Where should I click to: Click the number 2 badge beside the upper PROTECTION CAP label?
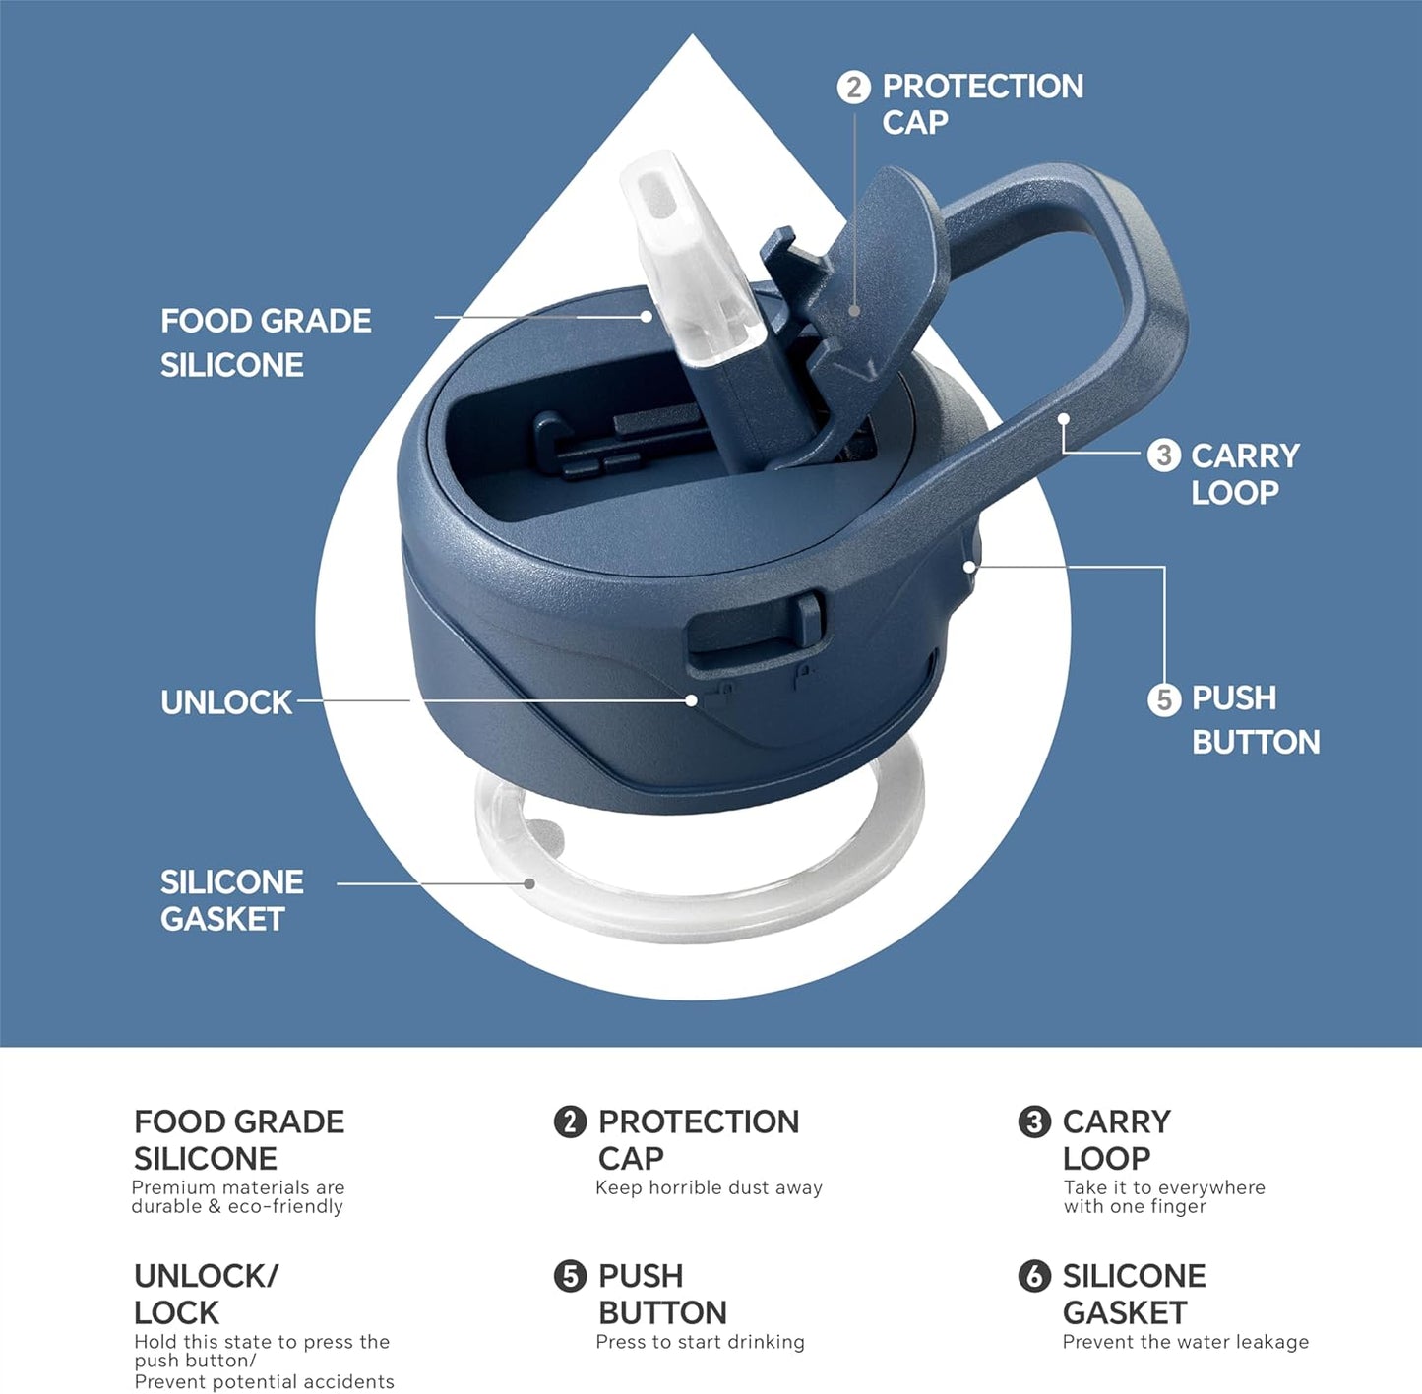click(x=854, y=88)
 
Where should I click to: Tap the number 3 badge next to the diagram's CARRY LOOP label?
click(x=1164, y=455)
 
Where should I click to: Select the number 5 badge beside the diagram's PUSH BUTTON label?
click(x=1164, y=699)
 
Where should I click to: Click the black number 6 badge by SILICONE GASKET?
click(x=1034, y=1276)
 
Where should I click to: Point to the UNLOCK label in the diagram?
click(x=226, y=702)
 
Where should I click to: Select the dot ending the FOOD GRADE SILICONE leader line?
click(x=647, y=316)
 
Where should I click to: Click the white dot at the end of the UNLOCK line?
click(x=692, y=700)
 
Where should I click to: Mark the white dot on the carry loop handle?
click(x=1064, y=418)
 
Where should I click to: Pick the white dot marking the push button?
click(x=970, y=567)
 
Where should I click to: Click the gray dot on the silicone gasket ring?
click(x=529, y=883)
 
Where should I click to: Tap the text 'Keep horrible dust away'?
click(x=709, y=1187)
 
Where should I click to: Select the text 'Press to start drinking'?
click(x=700, y=1342)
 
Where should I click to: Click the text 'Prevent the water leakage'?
click(x=1185, y=1342)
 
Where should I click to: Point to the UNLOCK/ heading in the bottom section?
click(x=206, y=1276)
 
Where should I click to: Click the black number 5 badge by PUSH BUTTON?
click(x=570, y=1276)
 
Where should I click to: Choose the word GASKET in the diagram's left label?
click(x=222, y=919)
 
